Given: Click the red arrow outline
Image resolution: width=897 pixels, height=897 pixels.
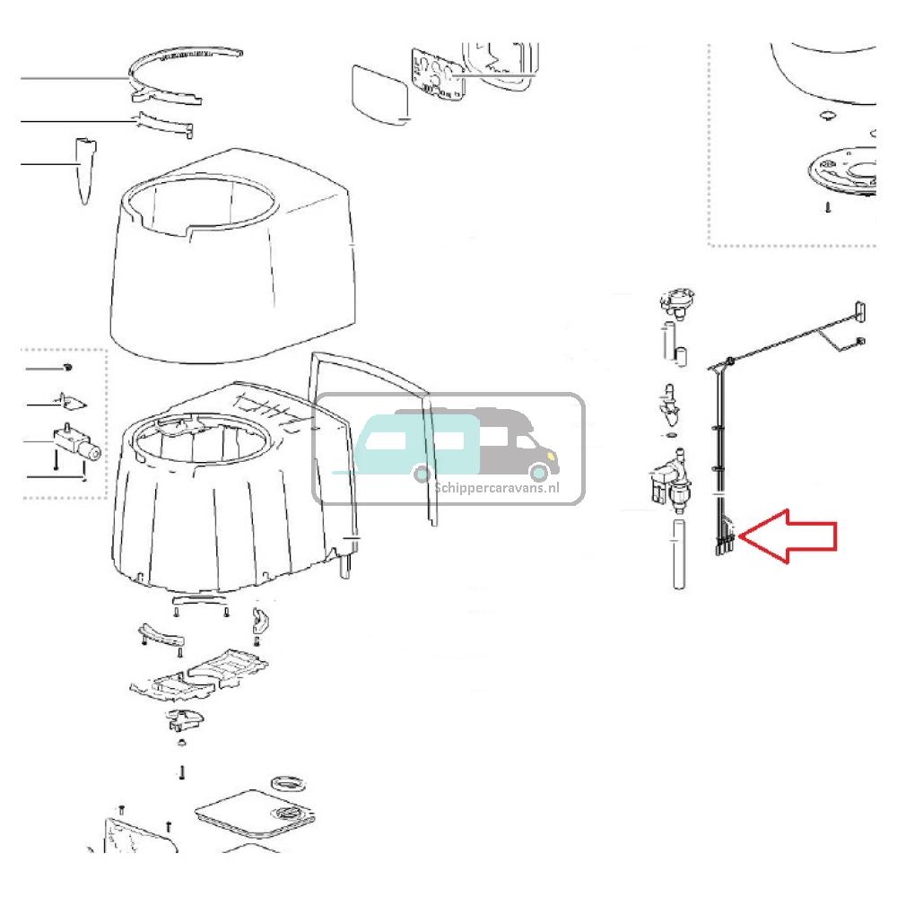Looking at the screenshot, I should (789, 536).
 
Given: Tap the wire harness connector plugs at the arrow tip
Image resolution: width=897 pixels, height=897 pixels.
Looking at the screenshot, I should (725, 543).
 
